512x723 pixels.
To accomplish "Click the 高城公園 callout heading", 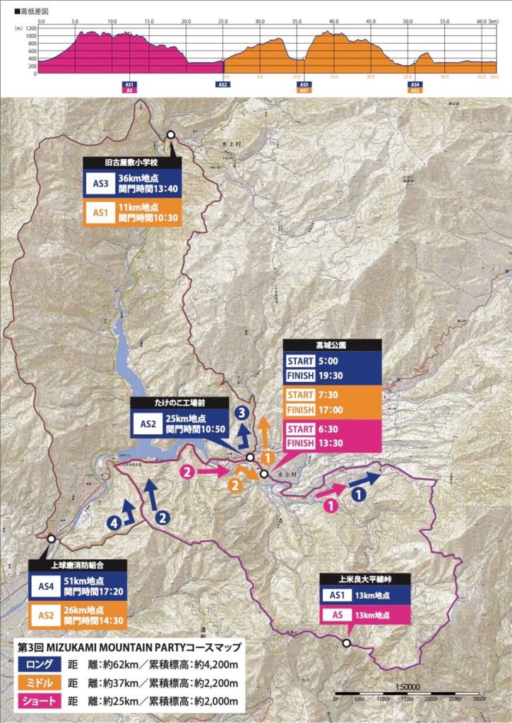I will pyautogui.click(x=332, y=346).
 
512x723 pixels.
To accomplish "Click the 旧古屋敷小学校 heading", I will pyautogui.click(x=131, y=162).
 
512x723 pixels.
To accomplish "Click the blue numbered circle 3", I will pyautogui.click(x=242, y=412).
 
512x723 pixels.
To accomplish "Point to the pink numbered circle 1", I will pyautogui.click(x=328, y=505).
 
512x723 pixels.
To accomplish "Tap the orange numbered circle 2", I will pyautogui.click(x=233, y=485).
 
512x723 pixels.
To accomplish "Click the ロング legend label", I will pyautogui.click(x=40, y=664).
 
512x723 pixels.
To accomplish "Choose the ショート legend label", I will pyautogui.click(x=40, y=703).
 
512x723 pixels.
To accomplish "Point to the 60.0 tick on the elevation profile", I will pyautogui.click(x=482, y=21).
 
